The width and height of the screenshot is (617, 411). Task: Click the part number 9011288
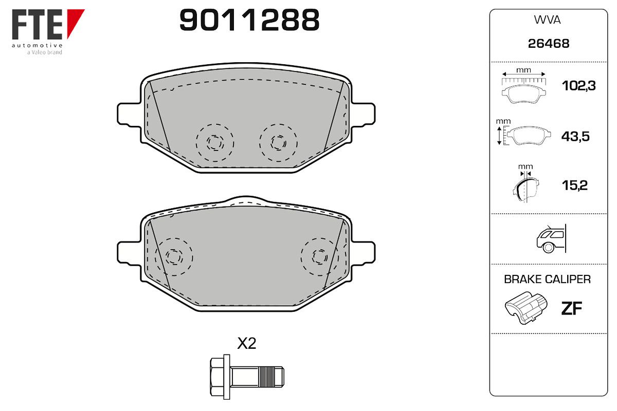[249, 20]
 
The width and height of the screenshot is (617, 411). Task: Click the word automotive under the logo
[37, 45]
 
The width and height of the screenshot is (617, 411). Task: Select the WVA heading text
[547, 20]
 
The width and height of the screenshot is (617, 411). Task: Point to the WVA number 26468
[549, 44]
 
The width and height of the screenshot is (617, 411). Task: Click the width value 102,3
[578, 86]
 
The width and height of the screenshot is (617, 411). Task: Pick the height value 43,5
[575, 136]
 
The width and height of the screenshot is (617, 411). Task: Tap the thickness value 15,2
[575, 185]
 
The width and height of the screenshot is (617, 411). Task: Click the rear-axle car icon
[551, 238]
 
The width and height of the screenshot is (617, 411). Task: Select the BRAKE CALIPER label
[547, 279]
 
